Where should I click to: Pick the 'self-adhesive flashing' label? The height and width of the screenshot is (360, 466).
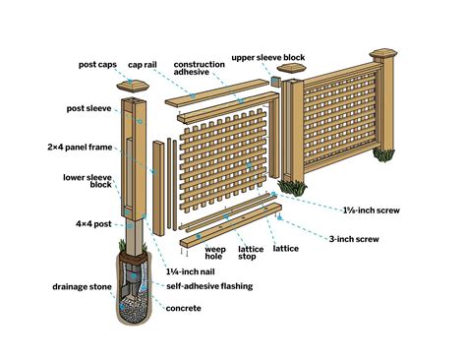[x=204, y=286]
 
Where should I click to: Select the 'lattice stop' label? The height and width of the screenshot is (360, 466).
[x=250, y=255]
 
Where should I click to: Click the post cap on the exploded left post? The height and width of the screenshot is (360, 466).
[x=135, y=86]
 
